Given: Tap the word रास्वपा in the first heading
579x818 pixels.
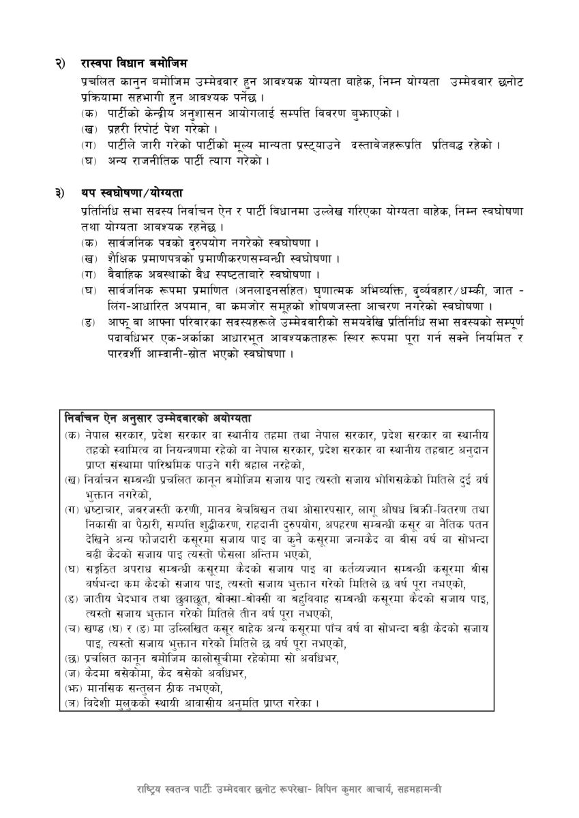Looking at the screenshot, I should point(100,63).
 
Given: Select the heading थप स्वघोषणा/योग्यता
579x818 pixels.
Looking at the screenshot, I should point(130,195).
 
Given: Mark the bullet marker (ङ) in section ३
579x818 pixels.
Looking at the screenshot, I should point(89,321).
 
